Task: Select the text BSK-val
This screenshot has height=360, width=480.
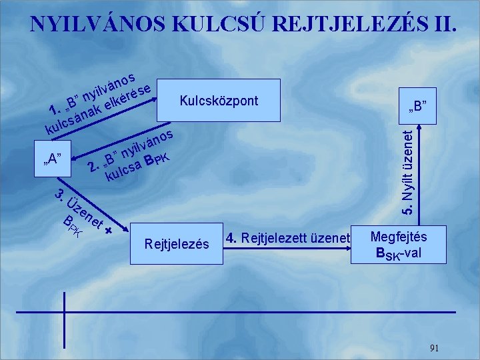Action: click(x=399, y=254)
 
